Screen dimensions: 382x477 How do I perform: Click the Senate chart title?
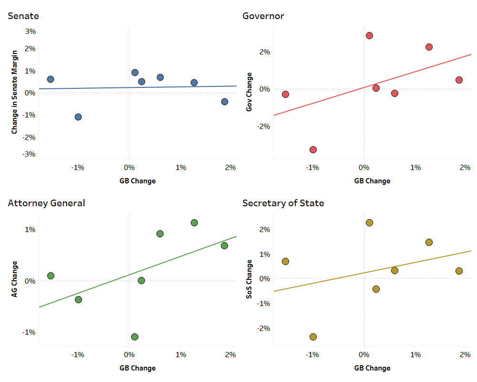(x=23, y=16)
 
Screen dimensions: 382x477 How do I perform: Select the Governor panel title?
(x=263, y=16)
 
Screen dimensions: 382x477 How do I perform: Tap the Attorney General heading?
(x=46, y=203)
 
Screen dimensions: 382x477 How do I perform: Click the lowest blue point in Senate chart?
(x=78, y=117)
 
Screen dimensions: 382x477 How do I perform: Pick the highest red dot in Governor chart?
(x=369, y=35)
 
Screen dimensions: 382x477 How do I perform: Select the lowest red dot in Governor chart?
(x=313, y=149)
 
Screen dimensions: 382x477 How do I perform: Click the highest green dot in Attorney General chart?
(x=194, y=223)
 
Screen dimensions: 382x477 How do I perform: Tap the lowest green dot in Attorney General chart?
(x=135, y=337)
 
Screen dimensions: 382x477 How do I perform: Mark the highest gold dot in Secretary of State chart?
(x=369, y=223)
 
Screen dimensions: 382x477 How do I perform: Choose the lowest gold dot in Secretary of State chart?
(x=313, y=337)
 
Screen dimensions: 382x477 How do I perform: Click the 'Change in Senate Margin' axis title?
(x=14, y=92)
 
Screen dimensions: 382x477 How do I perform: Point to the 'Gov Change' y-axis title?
(x=249, y=92)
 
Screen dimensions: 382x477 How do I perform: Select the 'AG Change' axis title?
(x=14, y=279)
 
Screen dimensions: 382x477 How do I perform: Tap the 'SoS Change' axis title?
(x=249, y=279)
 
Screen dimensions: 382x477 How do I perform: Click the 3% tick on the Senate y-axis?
(x=31, y=32)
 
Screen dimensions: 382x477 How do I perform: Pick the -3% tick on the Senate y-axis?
(x=30, y=154)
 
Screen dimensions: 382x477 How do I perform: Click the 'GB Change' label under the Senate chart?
(x=137, y=181)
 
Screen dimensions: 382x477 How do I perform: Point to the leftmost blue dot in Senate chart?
(x=51, y=79)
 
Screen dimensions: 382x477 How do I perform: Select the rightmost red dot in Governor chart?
(x=459, y=80)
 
